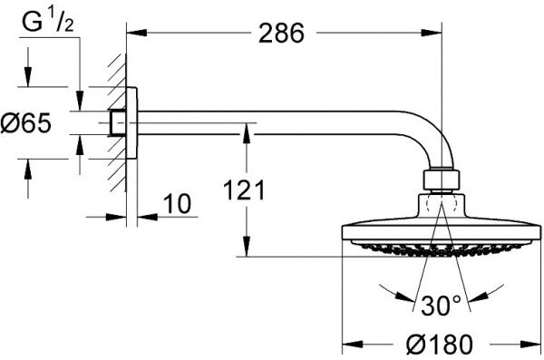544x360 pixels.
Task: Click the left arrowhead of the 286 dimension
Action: pyautogui.click(x=131, y=33)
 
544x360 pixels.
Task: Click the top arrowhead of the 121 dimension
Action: pyautogui.click(x=244, y=131)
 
